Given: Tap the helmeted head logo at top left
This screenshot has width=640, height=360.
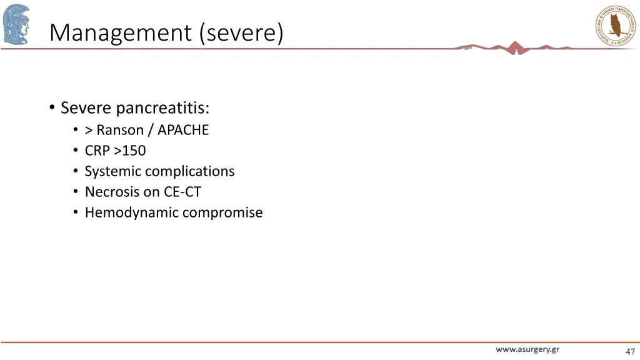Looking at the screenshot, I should pos(16,24).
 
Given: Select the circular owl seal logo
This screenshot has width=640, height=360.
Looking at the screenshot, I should pos(614,26).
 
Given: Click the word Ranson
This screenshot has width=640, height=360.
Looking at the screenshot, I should pos(120,130).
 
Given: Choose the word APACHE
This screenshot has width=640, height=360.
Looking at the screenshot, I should pos(183,130).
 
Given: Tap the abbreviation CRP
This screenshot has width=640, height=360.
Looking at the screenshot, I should pos(97,151).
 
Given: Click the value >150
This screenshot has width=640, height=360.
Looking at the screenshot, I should pos(130,151).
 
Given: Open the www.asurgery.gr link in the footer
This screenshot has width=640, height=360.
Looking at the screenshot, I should pos(527,349).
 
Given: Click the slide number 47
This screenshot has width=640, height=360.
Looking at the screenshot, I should pos(629,351).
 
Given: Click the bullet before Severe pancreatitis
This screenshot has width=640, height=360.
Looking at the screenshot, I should pos(52,108).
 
